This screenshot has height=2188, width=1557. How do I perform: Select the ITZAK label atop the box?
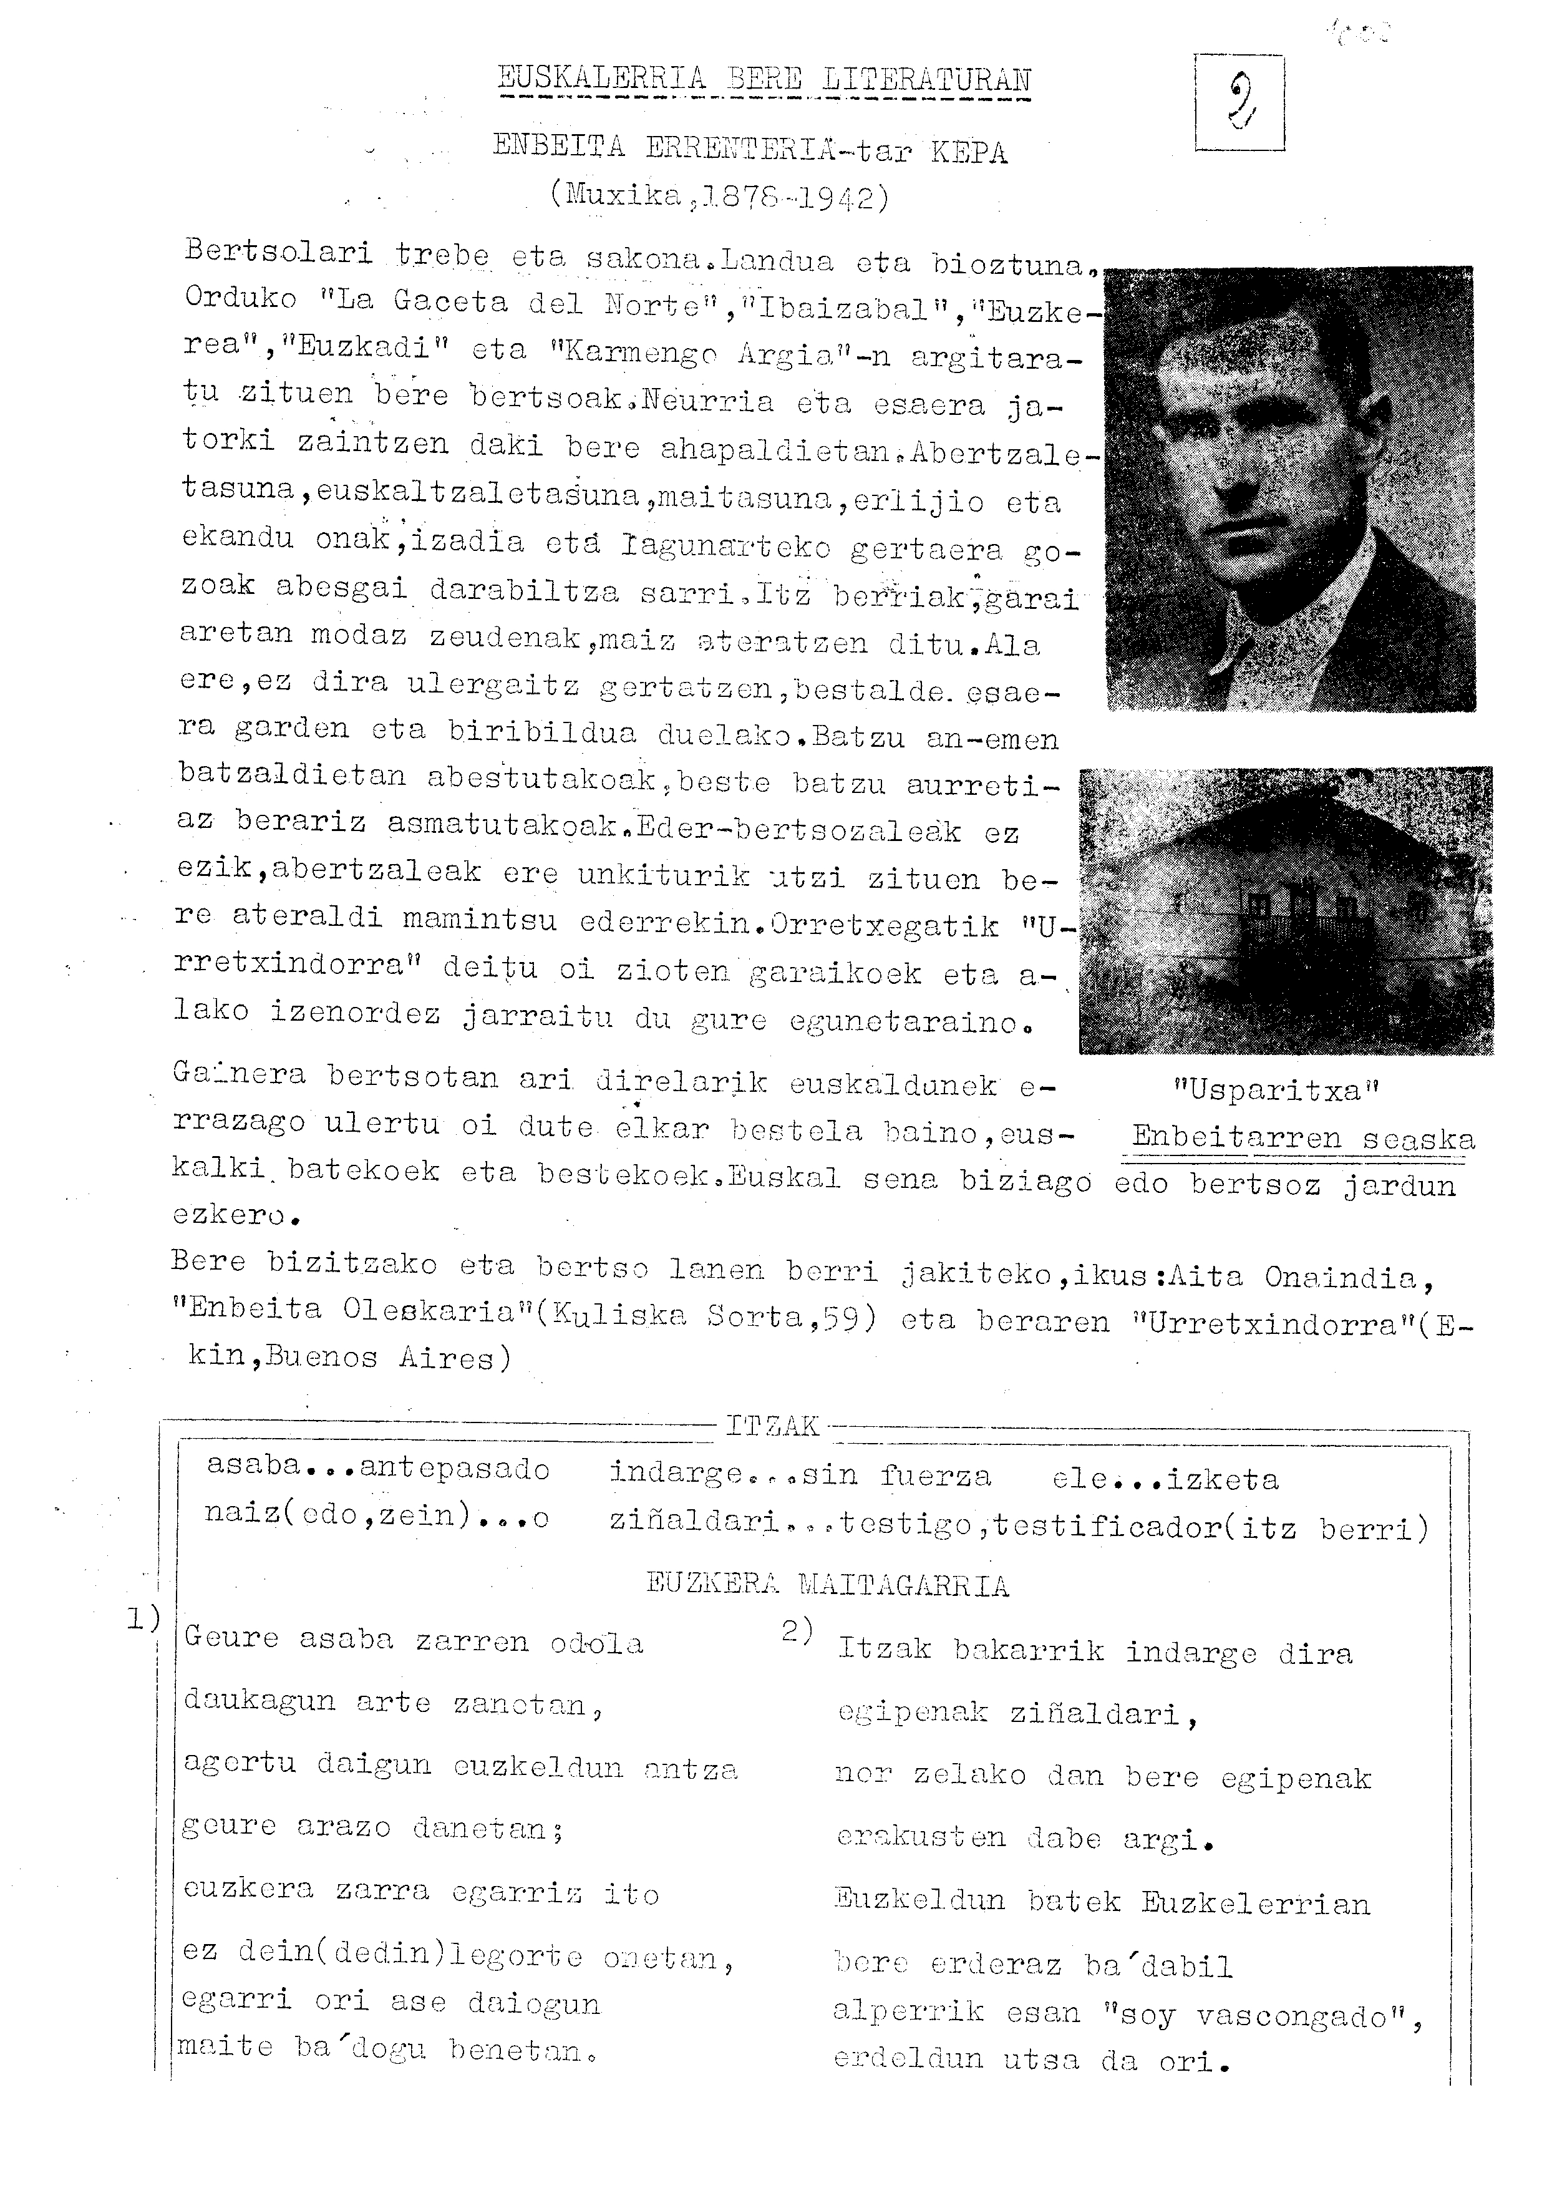[772, 1427]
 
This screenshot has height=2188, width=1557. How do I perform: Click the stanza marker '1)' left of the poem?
[143, 1620]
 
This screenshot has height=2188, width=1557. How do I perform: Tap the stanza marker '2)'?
[797, 1630]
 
